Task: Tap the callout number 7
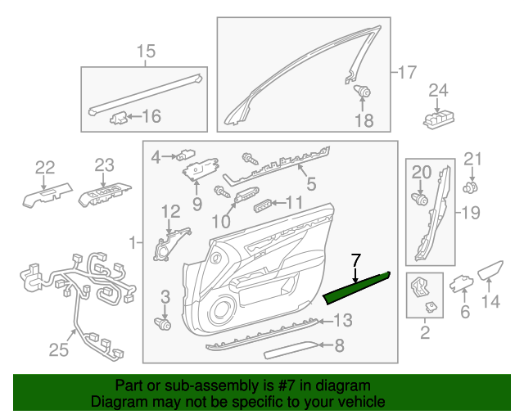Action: (x=355, y=262)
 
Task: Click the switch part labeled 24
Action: (x=440, y=118)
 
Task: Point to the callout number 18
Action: (x=363, y=121)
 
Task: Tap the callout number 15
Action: (x=145, y=53)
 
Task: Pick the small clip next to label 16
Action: (x=120, y=117)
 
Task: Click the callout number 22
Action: (x=44, y=168)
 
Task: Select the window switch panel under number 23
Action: (x=102, y=195)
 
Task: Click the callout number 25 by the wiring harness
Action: (x=58, y=350)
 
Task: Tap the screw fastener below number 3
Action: (x=165, y=324)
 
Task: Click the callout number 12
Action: (x=169, y=212)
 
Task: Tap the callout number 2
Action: (x=424, y=332)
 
